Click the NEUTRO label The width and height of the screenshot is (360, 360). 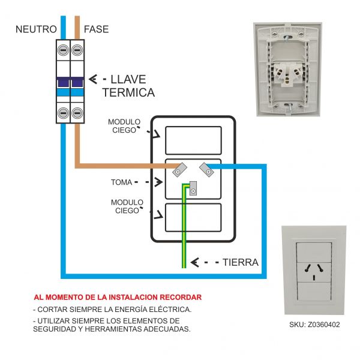click(x=36, y=29)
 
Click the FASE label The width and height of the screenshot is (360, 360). click(x=96, y=29)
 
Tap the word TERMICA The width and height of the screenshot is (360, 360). click(x=128, y=93)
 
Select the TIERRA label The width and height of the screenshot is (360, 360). click(x=240, y=262)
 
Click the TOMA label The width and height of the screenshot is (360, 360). click(x=121, y=181)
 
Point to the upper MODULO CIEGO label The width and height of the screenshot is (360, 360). click(x=124, y=125)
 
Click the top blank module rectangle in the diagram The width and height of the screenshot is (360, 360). click(x=193, y=140)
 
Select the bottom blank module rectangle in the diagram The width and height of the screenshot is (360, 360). click(x=193, y=218)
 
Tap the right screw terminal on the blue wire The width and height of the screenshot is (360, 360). click(x=207, y=171)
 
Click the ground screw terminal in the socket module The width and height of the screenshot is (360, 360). click(x=193, y=191)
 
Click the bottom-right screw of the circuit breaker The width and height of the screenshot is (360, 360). click(x=77, y=113)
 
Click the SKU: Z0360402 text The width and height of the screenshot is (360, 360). click(x=314, y=325)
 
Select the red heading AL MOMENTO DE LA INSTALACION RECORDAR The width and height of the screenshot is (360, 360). click(x=118, y=297)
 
